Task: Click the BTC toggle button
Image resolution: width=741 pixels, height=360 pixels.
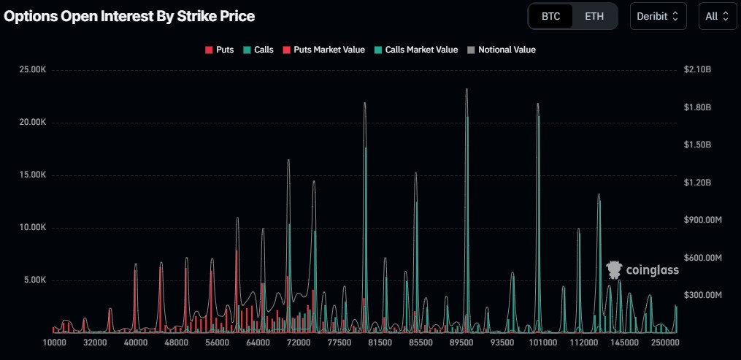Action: [551, 16]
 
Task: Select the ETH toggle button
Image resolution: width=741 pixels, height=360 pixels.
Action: [594, 16]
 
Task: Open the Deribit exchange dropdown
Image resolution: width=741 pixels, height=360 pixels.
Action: [658, 16]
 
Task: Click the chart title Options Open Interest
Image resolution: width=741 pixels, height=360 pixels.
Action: [130, 16]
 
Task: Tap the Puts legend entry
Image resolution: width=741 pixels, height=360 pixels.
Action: [220, 50]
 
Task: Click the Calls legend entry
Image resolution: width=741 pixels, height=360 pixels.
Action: [258, 50]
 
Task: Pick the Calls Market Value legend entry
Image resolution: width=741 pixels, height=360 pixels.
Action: [416, 50]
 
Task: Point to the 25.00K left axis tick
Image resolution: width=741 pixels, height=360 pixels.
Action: [32, 70]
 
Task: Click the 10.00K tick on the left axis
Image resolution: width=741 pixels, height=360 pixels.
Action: [32, 227]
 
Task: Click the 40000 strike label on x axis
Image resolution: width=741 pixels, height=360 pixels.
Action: [136, 342]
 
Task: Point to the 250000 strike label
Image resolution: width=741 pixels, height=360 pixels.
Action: [665, 342]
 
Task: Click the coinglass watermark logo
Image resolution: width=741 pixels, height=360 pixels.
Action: [642, 270]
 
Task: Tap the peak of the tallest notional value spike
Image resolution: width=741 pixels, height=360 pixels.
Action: [467, 89]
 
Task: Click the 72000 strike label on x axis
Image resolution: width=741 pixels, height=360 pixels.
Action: [299, 342]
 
